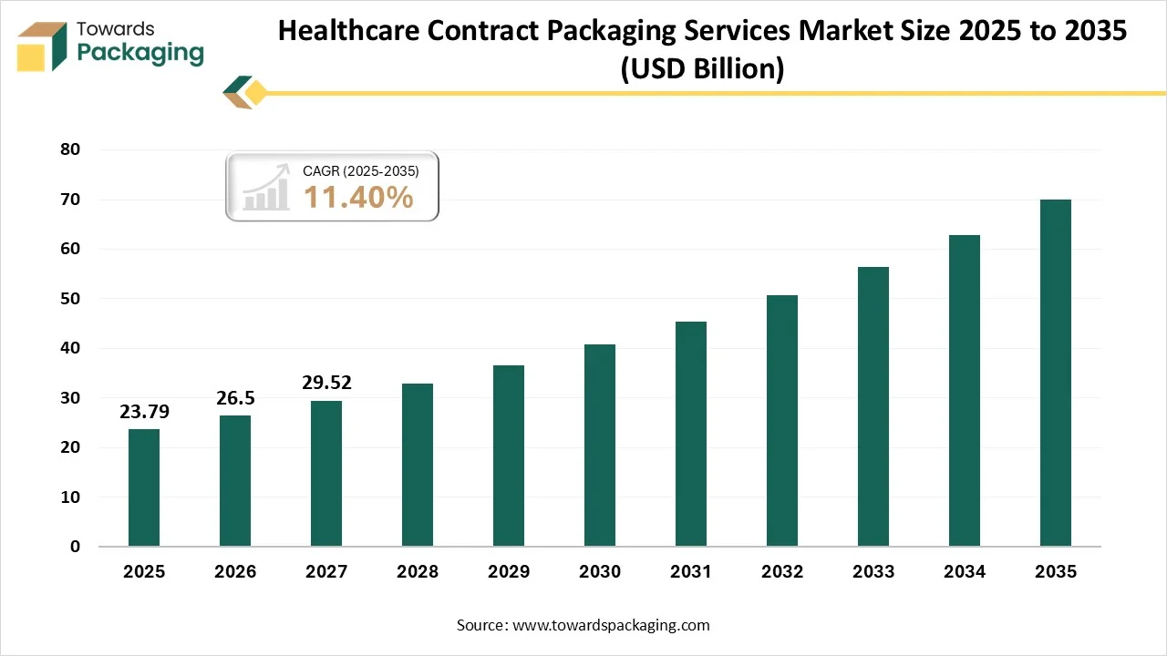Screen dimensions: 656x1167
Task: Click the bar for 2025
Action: coord(144,487)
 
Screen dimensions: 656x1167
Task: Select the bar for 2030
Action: coord(600,446)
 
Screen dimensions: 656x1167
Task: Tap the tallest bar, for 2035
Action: coord(1056,373)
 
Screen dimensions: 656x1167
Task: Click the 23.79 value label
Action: coord(144,412)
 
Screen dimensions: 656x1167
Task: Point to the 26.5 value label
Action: coord(235,398)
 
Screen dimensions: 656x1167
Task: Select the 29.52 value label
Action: coord(326,383)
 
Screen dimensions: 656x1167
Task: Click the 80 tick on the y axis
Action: coord(69,149)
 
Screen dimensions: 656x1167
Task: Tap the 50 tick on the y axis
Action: coord(69,299)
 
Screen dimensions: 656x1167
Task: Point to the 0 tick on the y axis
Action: coord(75,547)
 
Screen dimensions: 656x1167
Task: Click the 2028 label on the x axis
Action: coord(418,572)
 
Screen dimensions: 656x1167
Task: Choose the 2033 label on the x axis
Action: coord(873,572)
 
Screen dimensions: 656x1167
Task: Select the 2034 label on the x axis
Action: coord(965,572)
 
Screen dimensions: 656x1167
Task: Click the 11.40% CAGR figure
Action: coord(358,197)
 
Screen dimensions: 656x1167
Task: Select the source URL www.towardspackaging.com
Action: coord(611,625)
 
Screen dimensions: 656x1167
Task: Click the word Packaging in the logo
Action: coord(140,53)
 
